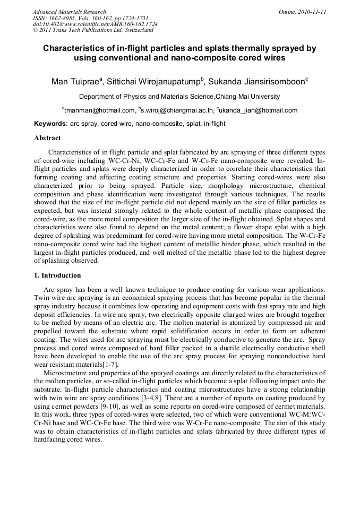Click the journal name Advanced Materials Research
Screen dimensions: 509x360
click(x=70, y=12)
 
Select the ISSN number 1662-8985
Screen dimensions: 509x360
click(x=66, y=18)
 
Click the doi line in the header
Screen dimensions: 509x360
click(x=95, y=24)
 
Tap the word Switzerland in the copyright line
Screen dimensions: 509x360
click(x=134, y=30)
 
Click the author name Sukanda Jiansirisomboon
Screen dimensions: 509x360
click(x=254, y=82)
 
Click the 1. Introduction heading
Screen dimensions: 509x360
click(x=57, y=275)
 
